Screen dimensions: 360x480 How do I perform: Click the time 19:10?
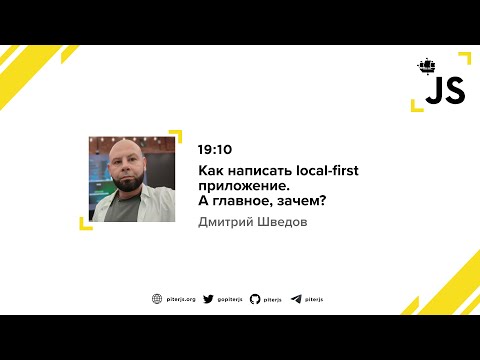pos(213,148)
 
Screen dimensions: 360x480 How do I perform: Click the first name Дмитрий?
pos(228,221)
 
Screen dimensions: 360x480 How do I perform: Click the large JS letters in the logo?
pos(444,92)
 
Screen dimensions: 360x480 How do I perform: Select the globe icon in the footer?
pos(157,298)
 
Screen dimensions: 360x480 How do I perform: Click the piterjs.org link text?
pos(180,298)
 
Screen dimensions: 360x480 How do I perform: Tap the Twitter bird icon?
pos(208,298)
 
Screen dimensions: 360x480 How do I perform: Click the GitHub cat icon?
pos(255,298)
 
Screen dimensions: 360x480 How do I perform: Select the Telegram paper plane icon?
pos(296,298)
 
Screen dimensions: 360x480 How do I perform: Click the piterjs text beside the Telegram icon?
pos(315,298)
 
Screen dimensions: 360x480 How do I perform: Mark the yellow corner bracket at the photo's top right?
pos(176,135)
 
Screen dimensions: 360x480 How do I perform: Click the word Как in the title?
pos(209,170)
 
